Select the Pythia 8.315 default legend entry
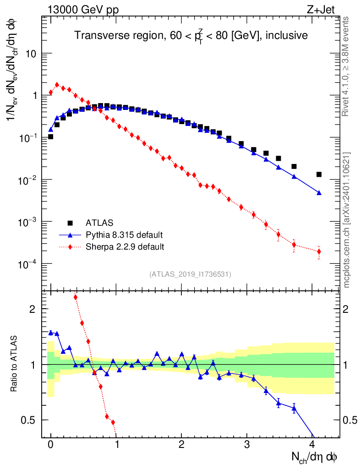click(124, 235)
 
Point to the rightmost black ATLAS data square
click(319, 175)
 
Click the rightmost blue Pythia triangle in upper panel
click(319, 193)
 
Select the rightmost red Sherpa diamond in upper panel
click(319, 251)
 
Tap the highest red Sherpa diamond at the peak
click(57, 85)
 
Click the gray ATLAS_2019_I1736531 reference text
click(190, 274)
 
